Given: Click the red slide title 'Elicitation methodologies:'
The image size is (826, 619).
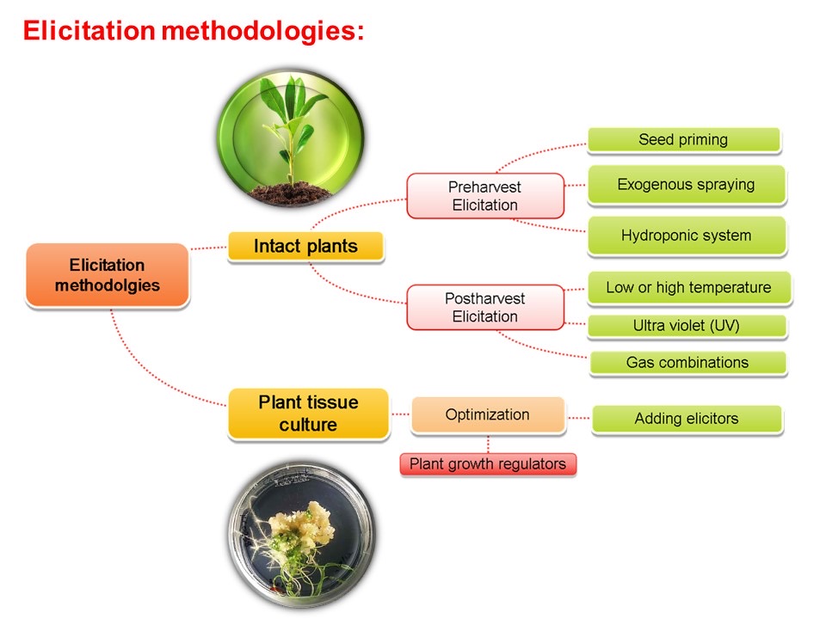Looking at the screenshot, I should click(194, 32).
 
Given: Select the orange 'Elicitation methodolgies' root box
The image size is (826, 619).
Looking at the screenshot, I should click(107, 274).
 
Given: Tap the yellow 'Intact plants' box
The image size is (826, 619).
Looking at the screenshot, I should click(305, 247).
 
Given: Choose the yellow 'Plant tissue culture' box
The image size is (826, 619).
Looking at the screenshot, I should click(308, 414).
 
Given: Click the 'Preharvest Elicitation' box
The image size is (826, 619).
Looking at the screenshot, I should click(484, 196).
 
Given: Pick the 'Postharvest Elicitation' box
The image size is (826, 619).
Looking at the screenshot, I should click(484, 308).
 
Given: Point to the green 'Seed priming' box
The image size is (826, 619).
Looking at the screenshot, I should click(683, 139).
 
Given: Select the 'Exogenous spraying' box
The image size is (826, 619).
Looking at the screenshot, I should click(686, 185).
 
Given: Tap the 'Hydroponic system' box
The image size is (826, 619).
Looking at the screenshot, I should click(686, 236).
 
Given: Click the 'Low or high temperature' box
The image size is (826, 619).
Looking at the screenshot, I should click(688, 288).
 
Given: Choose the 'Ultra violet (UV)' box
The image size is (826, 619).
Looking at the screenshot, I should click(687, 326).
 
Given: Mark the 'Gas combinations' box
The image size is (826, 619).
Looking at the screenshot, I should click(687, 362).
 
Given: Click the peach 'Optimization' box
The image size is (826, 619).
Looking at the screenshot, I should click(487, 414).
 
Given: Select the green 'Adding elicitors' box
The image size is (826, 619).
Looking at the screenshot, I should click(686, 419).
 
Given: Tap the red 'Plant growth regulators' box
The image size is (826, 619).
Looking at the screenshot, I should click(487, 464).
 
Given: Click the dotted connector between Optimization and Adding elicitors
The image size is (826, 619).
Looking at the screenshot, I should click(578, 418).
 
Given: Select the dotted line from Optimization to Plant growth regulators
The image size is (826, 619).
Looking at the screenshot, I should click(488, 443).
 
